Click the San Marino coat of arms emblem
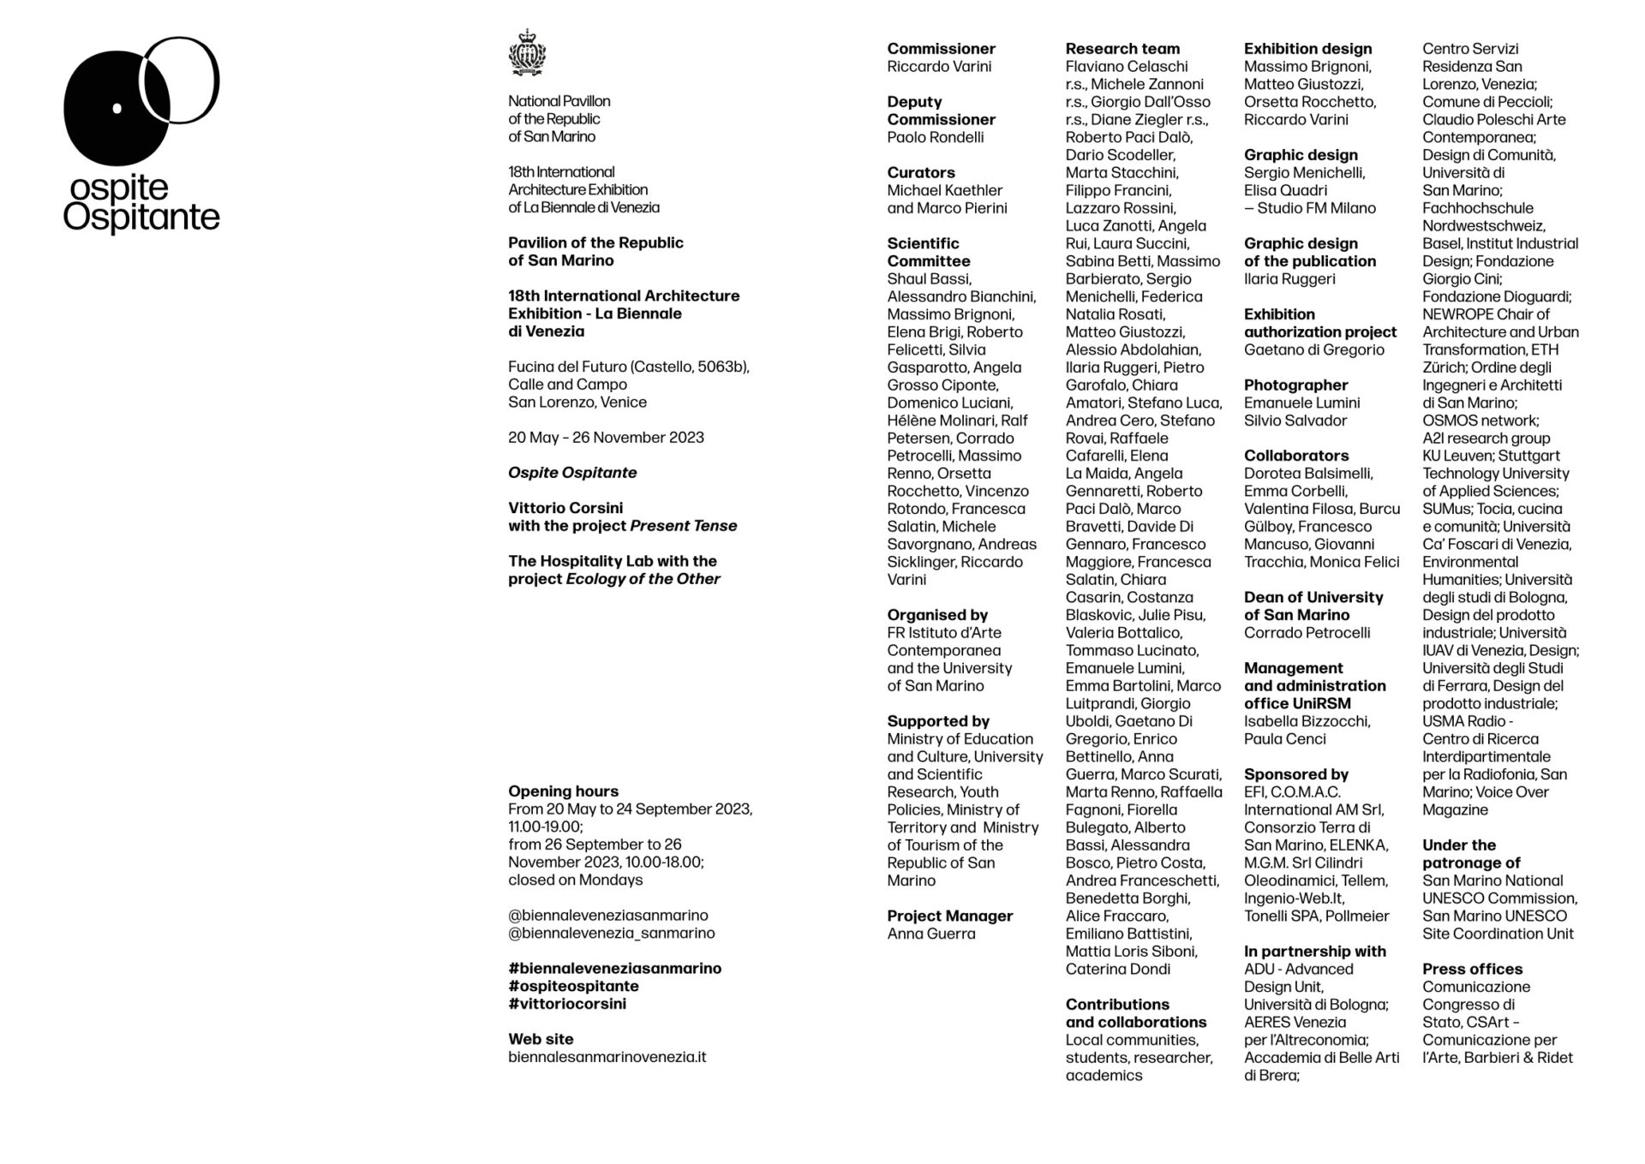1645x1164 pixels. point(527,53)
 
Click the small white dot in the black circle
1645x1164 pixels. point(117,108)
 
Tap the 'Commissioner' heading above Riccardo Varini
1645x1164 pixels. point(941,49)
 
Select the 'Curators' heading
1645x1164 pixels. point(920,172)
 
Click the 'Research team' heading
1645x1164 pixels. point(1122,49)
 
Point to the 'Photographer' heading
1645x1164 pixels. point(1295,385)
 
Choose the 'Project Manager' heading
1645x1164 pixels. point(949,916)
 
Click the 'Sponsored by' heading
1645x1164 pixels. point(1296,774)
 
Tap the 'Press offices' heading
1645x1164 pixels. point(1472,969)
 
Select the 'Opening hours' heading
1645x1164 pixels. point(563,791)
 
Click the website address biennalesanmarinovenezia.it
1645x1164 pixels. point(607,1057)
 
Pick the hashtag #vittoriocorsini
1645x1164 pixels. point(566,1004)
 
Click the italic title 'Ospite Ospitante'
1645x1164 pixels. point(571,473)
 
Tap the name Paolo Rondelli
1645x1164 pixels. point(935,137)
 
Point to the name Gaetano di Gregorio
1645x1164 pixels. point(1313,349)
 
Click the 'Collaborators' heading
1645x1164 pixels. point(1296,456)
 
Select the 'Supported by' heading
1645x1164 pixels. point(938,721)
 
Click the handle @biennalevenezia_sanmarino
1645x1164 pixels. point(611,933)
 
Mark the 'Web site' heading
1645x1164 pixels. point(541,1039)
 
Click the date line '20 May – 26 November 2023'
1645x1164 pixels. point(606,438)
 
